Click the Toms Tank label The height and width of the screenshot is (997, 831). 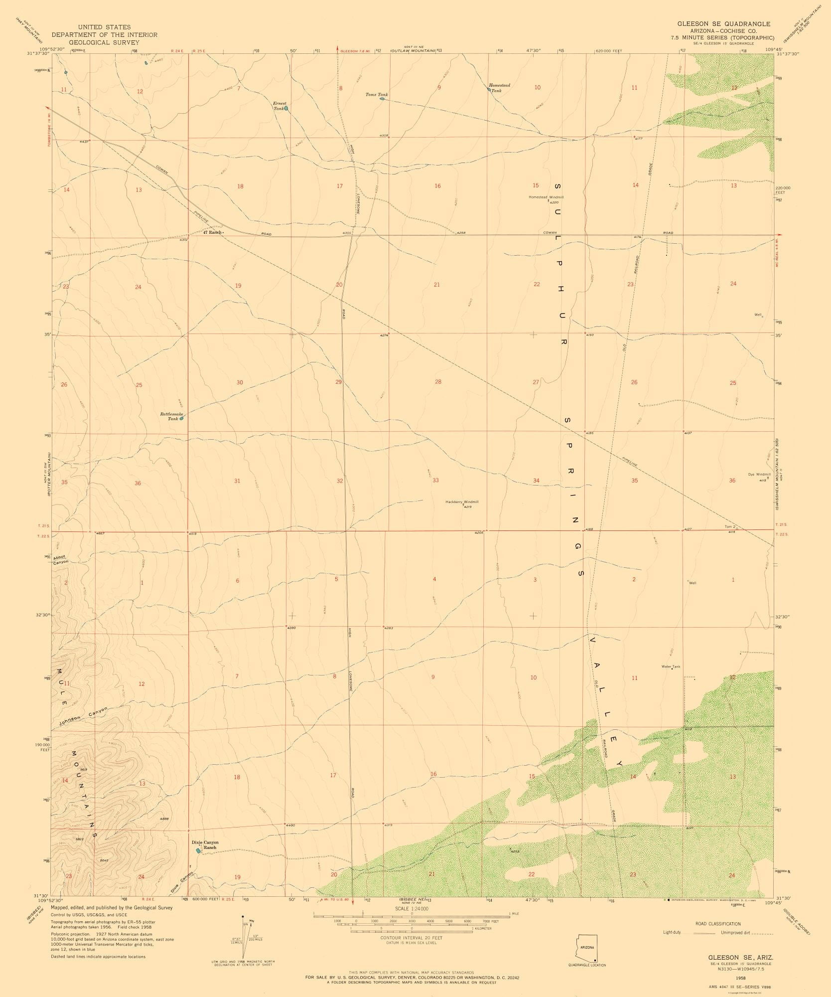(x=377, y=94)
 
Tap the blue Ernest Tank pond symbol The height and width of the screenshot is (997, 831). (x=286, y=108)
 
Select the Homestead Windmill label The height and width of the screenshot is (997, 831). (x=546, y=197)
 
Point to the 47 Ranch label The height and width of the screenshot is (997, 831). (x=212, y=232)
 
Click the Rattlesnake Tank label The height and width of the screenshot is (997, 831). (x=172, y=416)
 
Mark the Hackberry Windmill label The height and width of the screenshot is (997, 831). (x=462, y=502)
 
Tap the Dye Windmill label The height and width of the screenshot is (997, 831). (x=759, y=474)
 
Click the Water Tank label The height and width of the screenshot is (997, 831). (x=670, y=666)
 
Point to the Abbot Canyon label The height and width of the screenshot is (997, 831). (x=60, y=559)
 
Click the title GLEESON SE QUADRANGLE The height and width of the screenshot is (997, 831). (x=723, y=23)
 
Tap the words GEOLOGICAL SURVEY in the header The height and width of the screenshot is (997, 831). (x=104, y=42)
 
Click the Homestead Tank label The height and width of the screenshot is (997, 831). (x=499, y=88)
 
